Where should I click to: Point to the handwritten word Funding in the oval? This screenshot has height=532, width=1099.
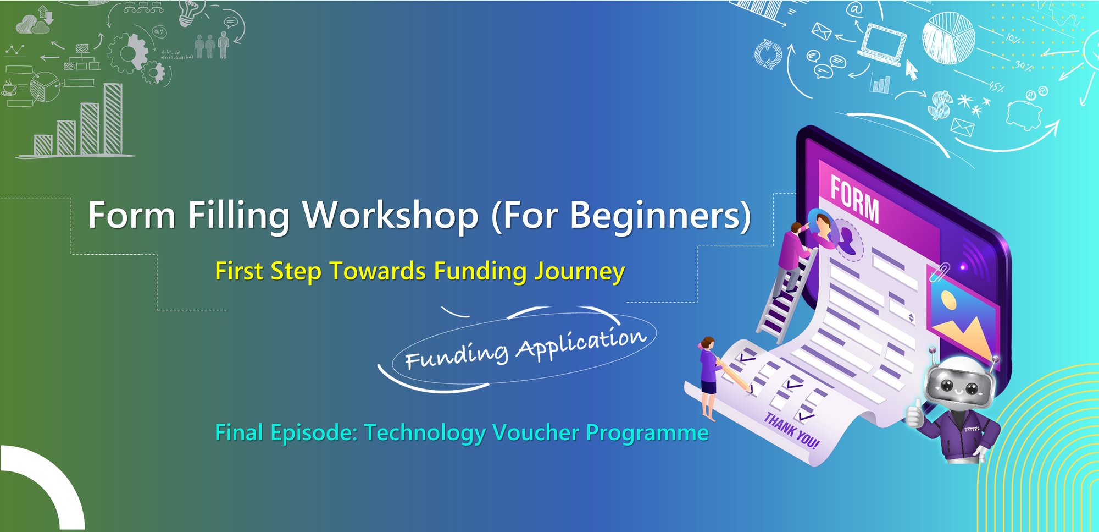456,355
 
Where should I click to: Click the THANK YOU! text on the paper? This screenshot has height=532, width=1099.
791,431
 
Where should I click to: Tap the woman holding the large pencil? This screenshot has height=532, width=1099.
708,374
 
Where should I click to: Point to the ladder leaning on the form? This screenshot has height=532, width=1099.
783,300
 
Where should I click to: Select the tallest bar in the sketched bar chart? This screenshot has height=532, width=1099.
113,118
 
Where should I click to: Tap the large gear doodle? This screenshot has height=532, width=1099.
127,53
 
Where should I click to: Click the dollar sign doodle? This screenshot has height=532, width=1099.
940,105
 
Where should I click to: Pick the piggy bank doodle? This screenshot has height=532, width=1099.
1024,113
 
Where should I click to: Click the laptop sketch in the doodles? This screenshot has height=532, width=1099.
882,44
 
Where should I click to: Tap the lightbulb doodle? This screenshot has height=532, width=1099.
188,12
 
